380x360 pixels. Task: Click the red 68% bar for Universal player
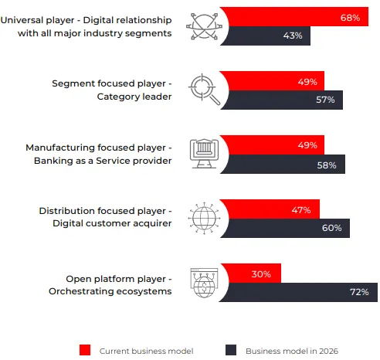coord(293,16)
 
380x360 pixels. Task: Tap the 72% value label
coord(360,292)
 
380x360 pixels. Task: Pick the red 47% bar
coord(270,209)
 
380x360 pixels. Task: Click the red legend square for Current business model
coord(85,350)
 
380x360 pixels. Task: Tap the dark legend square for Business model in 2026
coord(230,350)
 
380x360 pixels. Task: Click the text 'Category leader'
coord(134,97)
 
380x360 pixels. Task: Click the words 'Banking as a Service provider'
coord(100,160)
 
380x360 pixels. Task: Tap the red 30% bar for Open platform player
coord(251,273)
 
